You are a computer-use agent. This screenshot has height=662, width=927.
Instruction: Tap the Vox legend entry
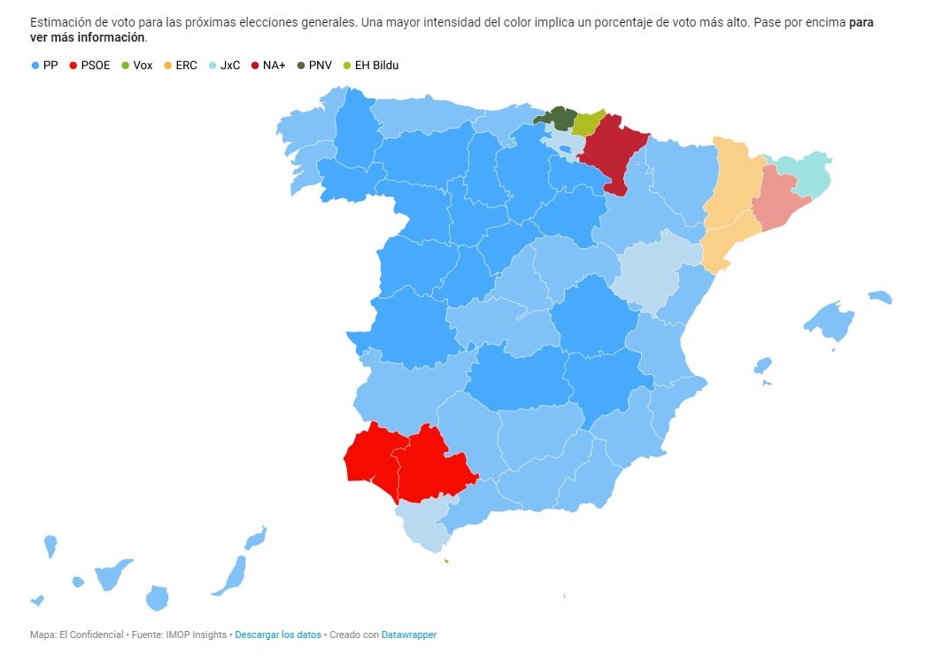tap(137, 65)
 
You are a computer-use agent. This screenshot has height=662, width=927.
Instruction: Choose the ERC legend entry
tap(181, 65)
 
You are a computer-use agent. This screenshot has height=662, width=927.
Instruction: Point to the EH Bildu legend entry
tap(370, 65)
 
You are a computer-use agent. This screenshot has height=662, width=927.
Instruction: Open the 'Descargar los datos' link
tap(278, 635)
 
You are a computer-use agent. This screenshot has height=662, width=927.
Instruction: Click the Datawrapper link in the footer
tap(409, 635)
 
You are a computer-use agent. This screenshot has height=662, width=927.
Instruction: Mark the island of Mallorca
tap(830, 322)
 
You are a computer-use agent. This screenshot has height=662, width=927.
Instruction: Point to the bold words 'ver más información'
tap(88, 38)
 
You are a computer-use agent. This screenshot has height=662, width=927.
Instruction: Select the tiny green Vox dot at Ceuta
tap(445, 560)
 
